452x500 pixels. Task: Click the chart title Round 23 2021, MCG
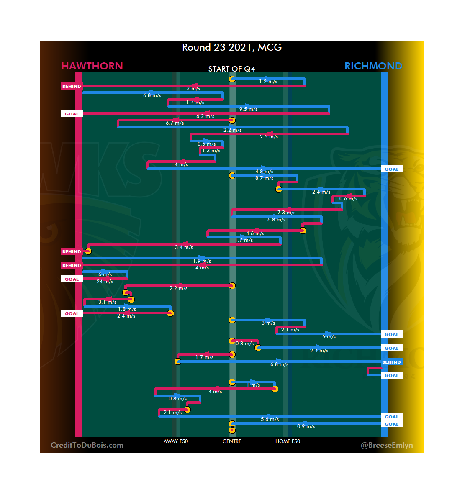click(232, 47)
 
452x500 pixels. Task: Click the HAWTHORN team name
click(92, 66)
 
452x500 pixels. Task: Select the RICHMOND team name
click(373, 66)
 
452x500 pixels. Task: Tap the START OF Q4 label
click(231, 69)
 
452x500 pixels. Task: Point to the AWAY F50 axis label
click(176, 441)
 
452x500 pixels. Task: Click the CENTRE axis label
click(232, 441)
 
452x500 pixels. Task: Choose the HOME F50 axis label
click(288, 441)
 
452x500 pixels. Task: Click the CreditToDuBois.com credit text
click(87, 445)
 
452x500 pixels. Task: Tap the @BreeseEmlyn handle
click(387, 445)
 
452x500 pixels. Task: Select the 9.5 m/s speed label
click(248, 109)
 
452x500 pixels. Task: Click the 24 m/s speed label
click(105, 282)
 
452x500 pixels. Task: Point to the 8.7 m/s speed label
click(264, 178)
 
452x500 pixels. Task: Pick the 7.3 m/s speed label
click(286, 213)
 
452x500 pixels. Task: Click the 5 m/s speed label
click(329, 337)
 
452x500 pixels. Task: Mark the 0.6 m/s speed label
click(348, 199)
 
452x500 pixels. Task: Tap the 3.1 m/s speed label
click(107, 302)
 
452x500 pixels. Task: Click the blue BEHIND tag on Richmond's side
click(391, 362)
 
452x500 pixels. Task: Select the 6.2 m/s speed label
click(205, 116)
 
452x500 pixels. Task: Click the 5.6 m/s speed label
click(270, 419)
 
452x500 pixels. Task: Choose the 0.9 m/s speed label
click(306, 426)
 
